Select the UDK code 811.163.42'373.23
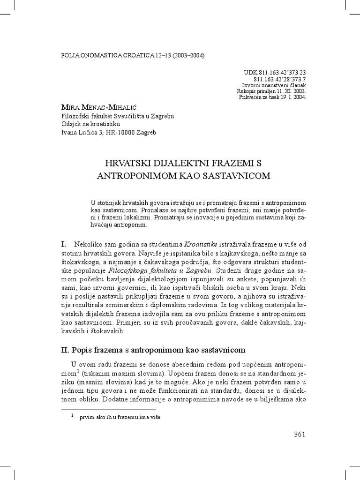coord(275,73)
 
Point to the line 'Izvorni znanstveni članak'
coord(274,85)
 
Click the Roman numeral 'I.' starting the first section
coord(65,244)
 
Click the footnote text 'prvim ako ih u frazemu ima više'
coord(120,417)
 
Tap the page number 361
coord(300,434)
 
